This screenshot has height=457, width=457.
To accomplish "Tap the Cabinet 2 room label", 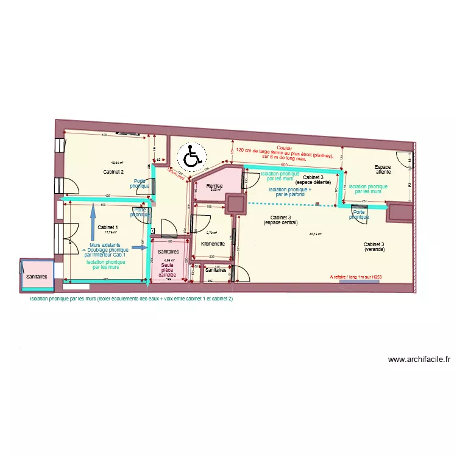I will [114, 172].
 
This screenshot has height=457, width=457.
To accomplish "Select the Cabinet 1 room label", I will [108, 227].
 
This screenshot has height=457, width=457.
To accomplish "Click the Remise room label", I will [214, 185].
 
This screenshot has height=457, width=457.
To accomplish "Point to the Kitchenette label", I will [213, 244].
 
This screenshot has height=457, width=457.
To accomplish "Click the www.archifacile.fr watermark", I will [419, 360].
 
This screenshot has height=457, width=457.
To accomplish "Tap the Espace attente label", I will [383, 169].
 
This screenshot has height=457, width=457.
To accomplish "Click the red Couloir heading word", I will [285, 147].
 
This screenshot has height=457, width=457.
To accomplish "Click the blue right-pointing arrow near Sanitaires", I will [140, 249].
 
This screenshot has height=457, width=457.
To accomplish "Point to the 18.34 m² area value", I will [117, 163].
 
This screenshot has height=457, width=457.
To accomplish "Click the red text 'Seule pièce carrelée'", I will [167, 270].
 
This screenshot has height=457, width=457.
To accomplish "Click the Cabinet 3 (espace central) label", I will [280, 220].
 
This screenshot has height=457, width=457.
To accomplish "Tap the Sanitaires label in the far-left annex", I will [37, 277].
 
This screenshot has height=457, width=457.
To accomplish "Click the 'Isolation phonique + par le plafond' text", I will [290, 192].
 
